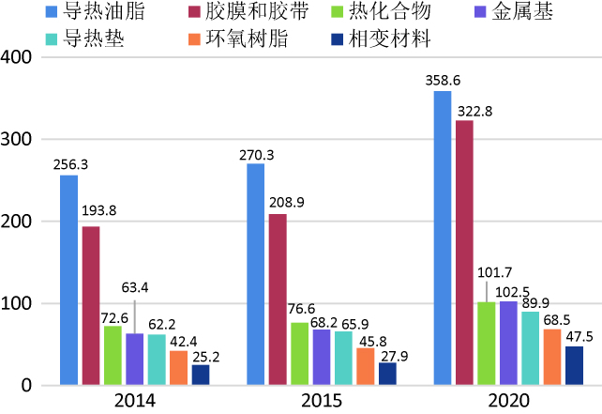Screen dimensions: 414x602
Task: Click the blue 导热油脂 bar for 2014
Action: pos(68,280)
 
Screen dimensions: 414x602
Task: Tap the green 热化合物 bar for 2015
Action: pos(299,354)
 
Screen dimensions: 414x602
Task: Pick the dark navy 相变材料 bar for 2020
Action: pos(574,365)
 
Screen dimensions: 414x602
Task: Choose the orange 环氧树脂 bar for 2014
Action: pos(178,367)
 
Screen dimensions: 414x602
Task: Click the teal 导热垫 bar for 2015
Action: pos(343,358)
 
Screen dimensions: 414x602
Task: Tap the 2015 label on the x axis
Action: pos(321,401)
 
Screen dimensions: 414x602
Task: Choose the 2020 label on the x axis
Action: pos(507,401)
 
